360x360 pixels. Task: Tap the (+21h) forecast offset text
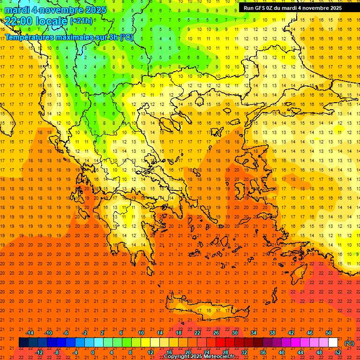coord(81,21)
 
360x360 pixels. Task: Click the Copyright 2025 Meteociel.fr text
coord(199,357)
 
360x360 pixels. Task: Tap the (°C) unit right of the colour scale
coord(349,343)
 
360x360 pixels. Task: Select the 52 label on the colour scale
coord(338,352)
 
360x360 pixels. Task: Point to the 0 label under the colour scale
coord(93,352)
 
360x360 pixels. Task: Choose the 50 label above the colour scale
coord(329,333)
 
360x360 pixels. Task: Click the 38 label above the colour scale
coord(272,333)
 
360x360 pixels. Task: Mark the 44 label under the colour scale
coord(300,352)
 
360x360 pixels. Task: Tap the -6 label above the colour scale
coord(66,333)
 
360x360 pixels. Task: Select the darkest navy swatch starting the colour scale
coord(23,343)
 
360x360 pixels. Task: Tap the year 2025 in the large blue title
coord(93,10)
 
